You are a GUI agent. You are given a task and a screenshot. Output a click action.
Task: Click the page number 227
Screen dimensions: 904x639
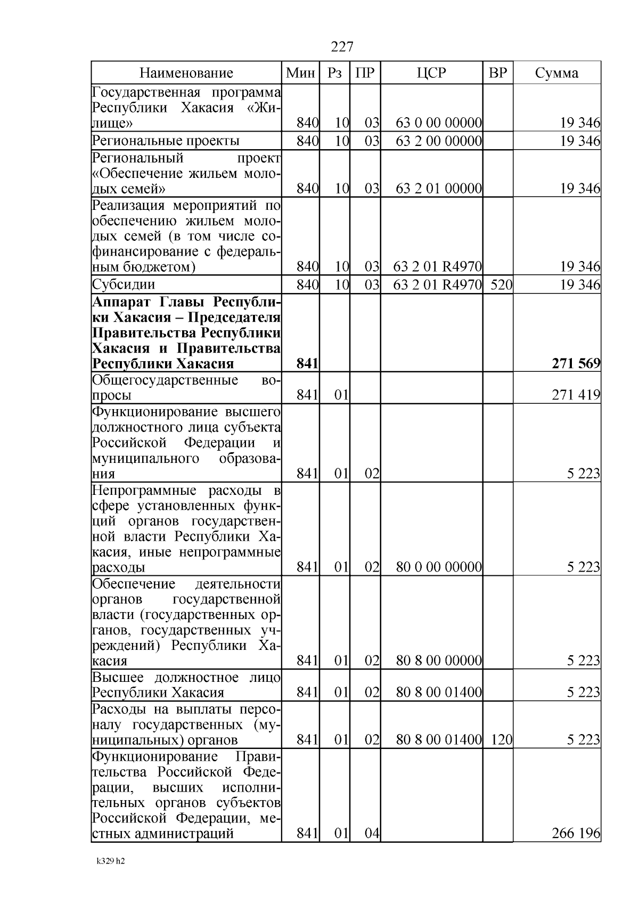click(x=342, y=47)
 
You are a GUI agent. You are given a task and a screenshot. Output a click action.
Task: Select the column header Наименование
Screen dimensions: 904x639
click(x=186, y=73)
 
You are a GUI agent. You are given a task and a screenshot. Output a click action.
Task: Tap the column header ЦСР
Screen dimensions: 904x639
click(x=431, y=73)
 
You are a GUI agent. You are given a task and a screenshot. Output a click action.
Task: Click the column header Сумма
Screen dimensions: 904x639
click(x=556, y=73)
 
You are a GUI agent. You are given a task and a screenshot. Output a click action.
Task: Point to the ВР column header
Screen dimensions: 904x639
click(x=497, y=73)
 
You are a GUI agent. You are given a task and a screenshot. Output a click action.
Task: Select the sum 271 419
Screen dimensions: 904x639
click(x=576, y=395)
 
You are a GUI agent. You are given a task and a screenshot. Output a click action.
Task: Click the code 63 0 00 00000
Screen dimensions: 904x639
click(x=439, y=124)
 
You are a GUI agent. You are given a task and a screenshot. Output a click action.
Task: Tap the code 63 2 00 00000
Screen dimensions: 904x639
click(x=439, y=141)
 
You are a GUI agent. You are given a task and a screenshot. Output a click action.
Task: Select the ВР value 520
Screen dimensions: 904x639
click(x=501, y=284)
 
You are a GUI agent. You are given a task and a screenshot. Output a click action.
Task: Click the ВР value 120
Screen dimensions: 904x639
click(x=501, y=739)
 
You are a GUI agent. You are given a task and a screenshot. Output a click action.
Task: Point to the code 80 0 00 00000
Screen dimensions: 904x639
click(x=439, y=567)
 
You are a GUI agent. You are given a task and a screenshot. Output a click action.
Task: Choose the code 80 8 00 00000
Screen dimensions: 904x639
click(x=439, y=661)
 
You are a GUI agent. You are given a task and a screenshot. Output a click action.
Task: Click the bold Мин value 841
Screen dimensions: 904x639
click(x=307, y=364)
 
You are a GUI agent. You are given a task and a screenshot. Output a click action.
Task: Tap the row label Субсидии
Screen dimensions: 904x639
click(x=124, y=284)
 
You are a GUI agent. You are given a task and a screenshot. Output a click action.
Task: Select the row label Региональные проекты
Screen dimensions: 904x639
click(x=166, y=141)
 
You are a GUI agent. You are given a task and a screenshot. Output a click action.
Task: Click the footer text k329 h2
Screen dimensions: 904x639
click(x=111, y=876)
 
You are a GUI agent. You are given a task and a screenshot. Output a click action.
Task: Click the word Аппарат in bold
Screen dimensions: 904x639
click(x=124, y=302)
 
